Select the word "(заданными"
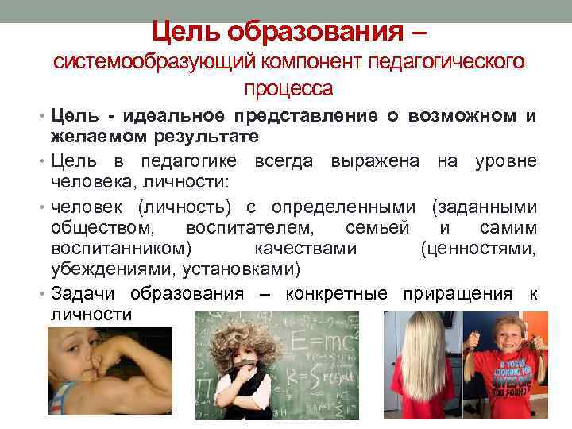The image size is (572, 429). (483, 208)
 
